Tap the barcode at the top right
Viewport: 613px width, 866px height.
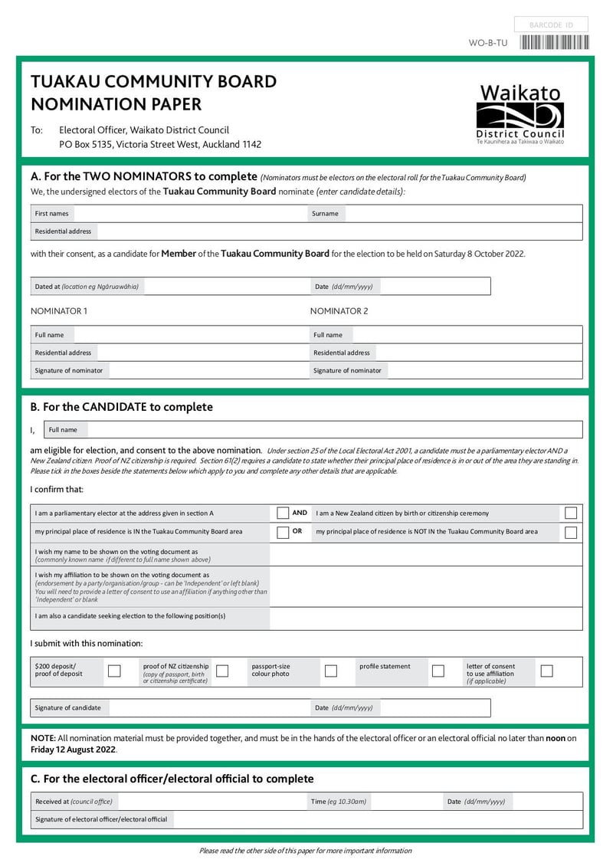tap(555, 43)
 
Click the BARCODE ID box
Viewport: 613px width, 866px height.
tap(551, 25)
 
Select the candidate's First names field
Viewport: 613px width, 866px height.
tap(188, 214)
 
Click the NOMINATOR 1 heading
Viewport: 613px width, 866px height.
tap(59, 311)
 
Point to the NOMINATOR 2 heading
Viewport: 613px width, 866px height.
tap(339, 311)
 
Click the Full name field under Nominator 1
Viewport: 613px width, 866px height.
tap(188, 335)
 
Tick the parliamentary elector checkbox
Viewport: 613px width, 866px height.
tap(283, 513)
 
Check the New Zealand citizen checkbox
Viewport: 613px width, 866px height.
tap(571, 513)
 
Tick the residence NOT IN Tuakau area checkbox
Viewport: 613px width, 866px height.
tap(571, 532)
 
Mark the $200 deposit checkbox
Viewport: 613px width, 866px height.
tap(114, 671)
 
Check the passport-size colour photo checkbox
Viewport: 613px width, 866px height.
tap(331, 671)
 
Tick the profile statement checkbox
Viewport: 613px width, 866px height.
tap(438, 671)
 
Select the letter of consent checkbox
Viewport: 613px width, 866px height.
tap(546, 671)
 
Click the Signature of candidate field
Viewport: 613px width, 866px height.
tap(207, 707)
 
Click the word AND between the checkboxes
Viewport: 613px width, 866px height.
tap(300, 513)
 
